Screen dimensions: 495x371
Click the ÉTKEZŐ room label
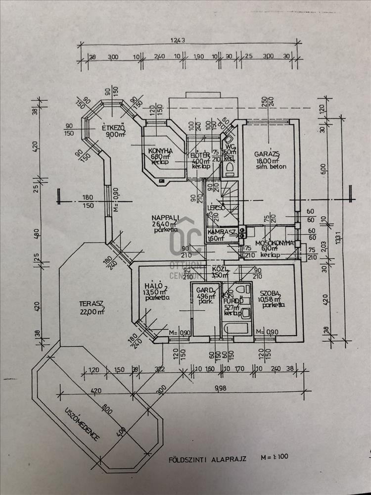click(x=112, y=128)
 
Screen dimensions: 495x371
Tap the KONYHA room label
click(x=160, y=150)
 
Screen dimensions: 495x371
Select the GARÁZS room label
click(x=268, y=153)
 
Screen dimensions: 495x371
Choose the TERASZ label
click(x=93, y=303)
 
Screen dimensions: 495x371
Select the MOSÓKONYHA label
click(x=275, y=243)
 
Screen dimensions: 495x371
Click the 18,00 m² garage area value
click(x=268, y=160)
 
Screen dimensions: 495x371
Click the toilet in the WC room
click(x=229, y=169)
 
